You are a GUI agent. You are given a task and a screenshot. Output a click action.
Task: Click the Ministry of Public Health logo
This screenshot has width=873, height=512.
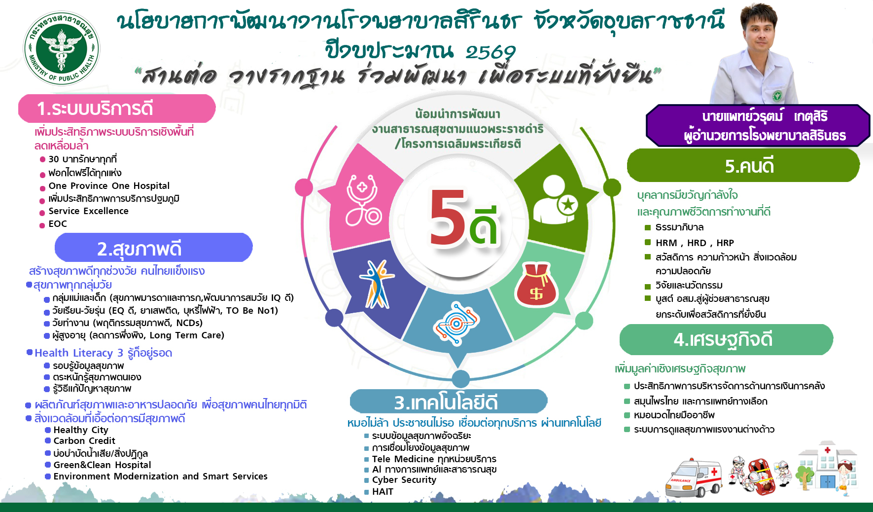(61, 48)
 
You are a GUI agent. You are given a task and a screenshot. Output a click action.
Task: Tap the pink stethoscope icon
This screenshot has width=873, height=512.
(363, 199)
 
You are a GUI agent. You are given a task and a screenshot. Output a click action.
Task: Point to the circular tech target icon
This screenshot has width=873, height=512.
(456, 323)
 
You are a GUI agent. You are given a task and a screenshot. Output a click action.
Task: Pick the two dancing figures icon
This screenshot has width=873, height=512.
(377, 284)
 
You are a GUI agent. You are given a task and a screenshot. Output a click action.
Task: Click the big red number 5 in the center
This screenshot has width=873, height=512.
(447, 217)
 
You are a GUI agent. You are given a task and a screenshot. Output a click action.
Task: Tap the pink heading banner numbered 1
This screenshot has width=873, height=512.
(117, 109)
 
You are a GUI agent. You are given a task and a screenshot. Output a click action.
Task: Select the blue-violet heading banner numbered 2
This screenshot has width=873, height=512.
(153, 248)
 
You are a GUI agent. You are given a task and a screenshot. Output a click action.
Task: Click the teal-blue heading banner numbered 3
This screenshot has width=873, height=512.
(449, 402)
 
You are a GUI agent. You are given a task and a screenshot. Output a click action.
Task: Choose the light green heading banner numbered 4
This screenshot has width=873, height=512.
(726, 339)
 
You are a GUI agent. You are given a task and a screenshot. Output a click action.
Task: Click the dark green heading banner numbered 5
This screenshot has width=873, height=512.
(743, 165)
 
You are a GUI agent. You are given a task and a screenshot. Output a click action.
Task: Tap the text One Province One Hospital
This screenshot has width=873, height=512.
(109, 186)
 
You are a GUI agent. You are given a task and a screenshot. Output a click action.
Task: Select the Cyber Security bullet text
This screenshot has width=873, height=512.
(404, 480)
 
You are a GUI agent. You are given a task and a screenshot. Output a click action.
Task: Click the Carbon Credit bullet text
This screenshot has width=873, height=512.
(84, 441)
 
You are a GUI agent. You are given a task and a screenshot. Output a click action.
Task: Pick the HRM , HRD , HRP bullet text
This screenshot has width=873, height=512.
(695, 243)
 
